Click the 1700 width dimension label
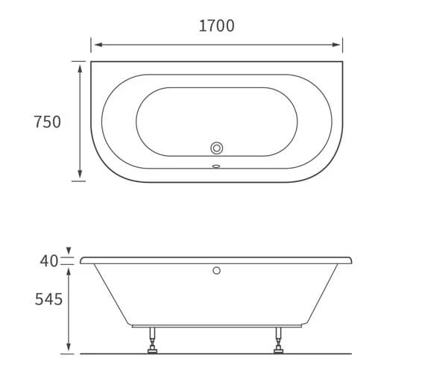pos(216,26)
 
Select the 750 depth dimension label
pos(47,122)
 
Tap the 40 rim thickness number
pos(48,261)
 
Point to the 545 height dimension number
pos(48,300)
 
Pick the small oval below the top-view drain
pos(217,166)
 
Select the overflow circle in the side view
pos(217,270)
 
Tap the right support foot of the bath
pos(279,345)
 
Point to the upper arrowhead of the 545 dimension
pos(69,271)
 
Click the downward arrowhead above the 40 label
pos(69,251)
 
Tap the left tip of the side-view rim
pos(81,260)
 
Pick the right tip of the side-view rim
pos(351,260)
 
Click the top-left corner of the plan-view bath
pos(91,62)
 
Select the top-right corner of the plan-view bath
pos(343,62)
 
